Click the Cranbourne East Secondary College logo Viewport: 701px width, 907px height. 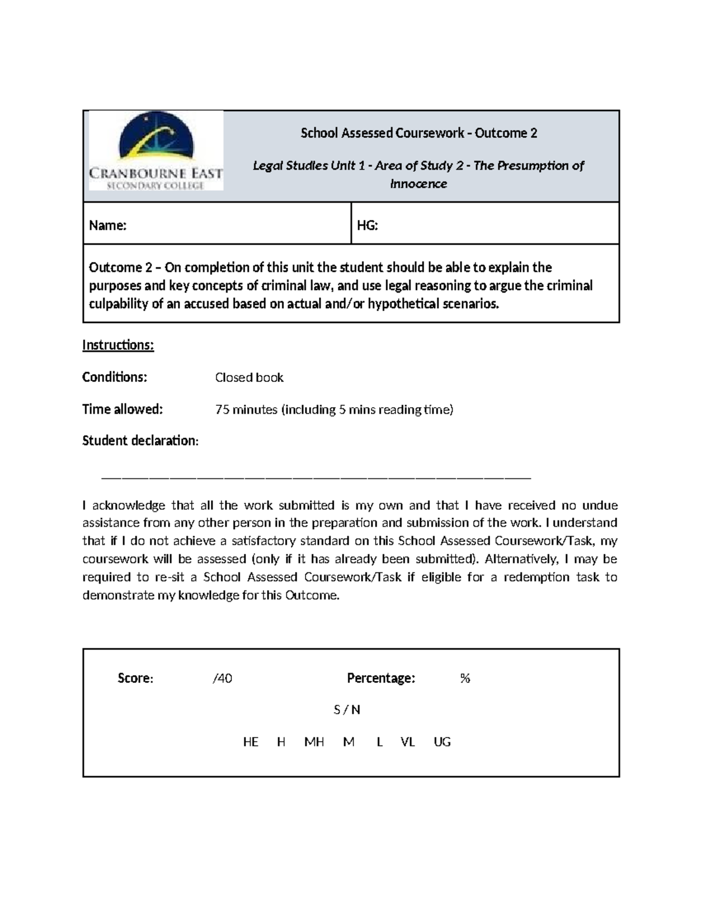click(155, 151)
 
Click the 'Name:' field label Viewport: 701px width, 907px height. click(107, 225)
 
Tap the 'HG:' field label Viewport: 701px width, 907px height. click(367, 225)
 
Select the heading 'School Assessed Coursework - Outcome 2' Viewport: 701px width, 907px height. click(418, 133)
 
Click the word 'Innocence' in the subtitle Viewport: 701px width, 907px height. click(418, 184)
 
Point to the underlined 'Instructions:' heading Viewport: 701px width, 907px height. click(118, 345)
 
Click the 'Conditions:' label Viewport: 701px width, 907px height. click(114, 377)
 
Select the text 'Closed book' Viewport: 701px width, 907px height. click(249, 378)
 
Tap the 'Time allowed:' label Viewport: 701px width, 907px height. click(122, 409)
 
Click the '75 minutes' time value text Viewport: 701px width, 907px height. click(246, 410)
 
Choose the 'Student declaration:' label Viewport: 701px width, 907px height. click(140, 441)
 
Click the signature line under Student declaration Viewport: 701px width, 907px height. click(315, 478)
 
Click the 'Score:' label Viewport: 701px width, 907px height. click(135, 678)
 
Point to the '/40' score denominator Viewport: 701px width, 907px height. click(223, 679)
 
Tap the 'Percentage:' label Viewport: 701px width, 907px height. click(381, 678)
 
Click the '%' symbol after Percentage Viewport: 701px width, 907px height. click(465, 679)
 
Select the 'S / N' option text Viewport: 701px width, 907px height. click(347, 710)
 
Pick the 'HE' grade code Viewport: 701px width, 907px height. click(251, 742)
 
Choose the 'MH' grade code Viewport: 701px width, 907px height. click(314, 742)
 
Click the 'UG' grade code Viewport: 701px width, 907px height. click(442, 742)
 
